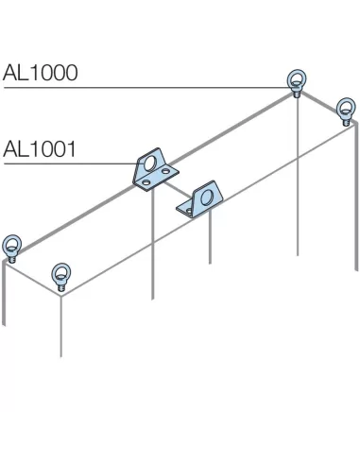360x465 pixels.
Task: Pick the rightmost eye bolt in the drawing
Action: [x=346, y=109]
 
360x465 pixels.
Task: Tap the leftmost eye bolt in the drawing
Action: [x=12, y=247]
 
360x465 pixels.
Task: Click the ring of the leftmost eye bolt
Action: [x=12, y=243]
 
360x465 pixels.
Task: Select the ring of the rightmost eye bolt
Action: [x=346, y=104]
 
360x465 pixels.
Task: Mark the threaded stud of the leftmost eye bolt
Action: [x=12, y=256]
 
